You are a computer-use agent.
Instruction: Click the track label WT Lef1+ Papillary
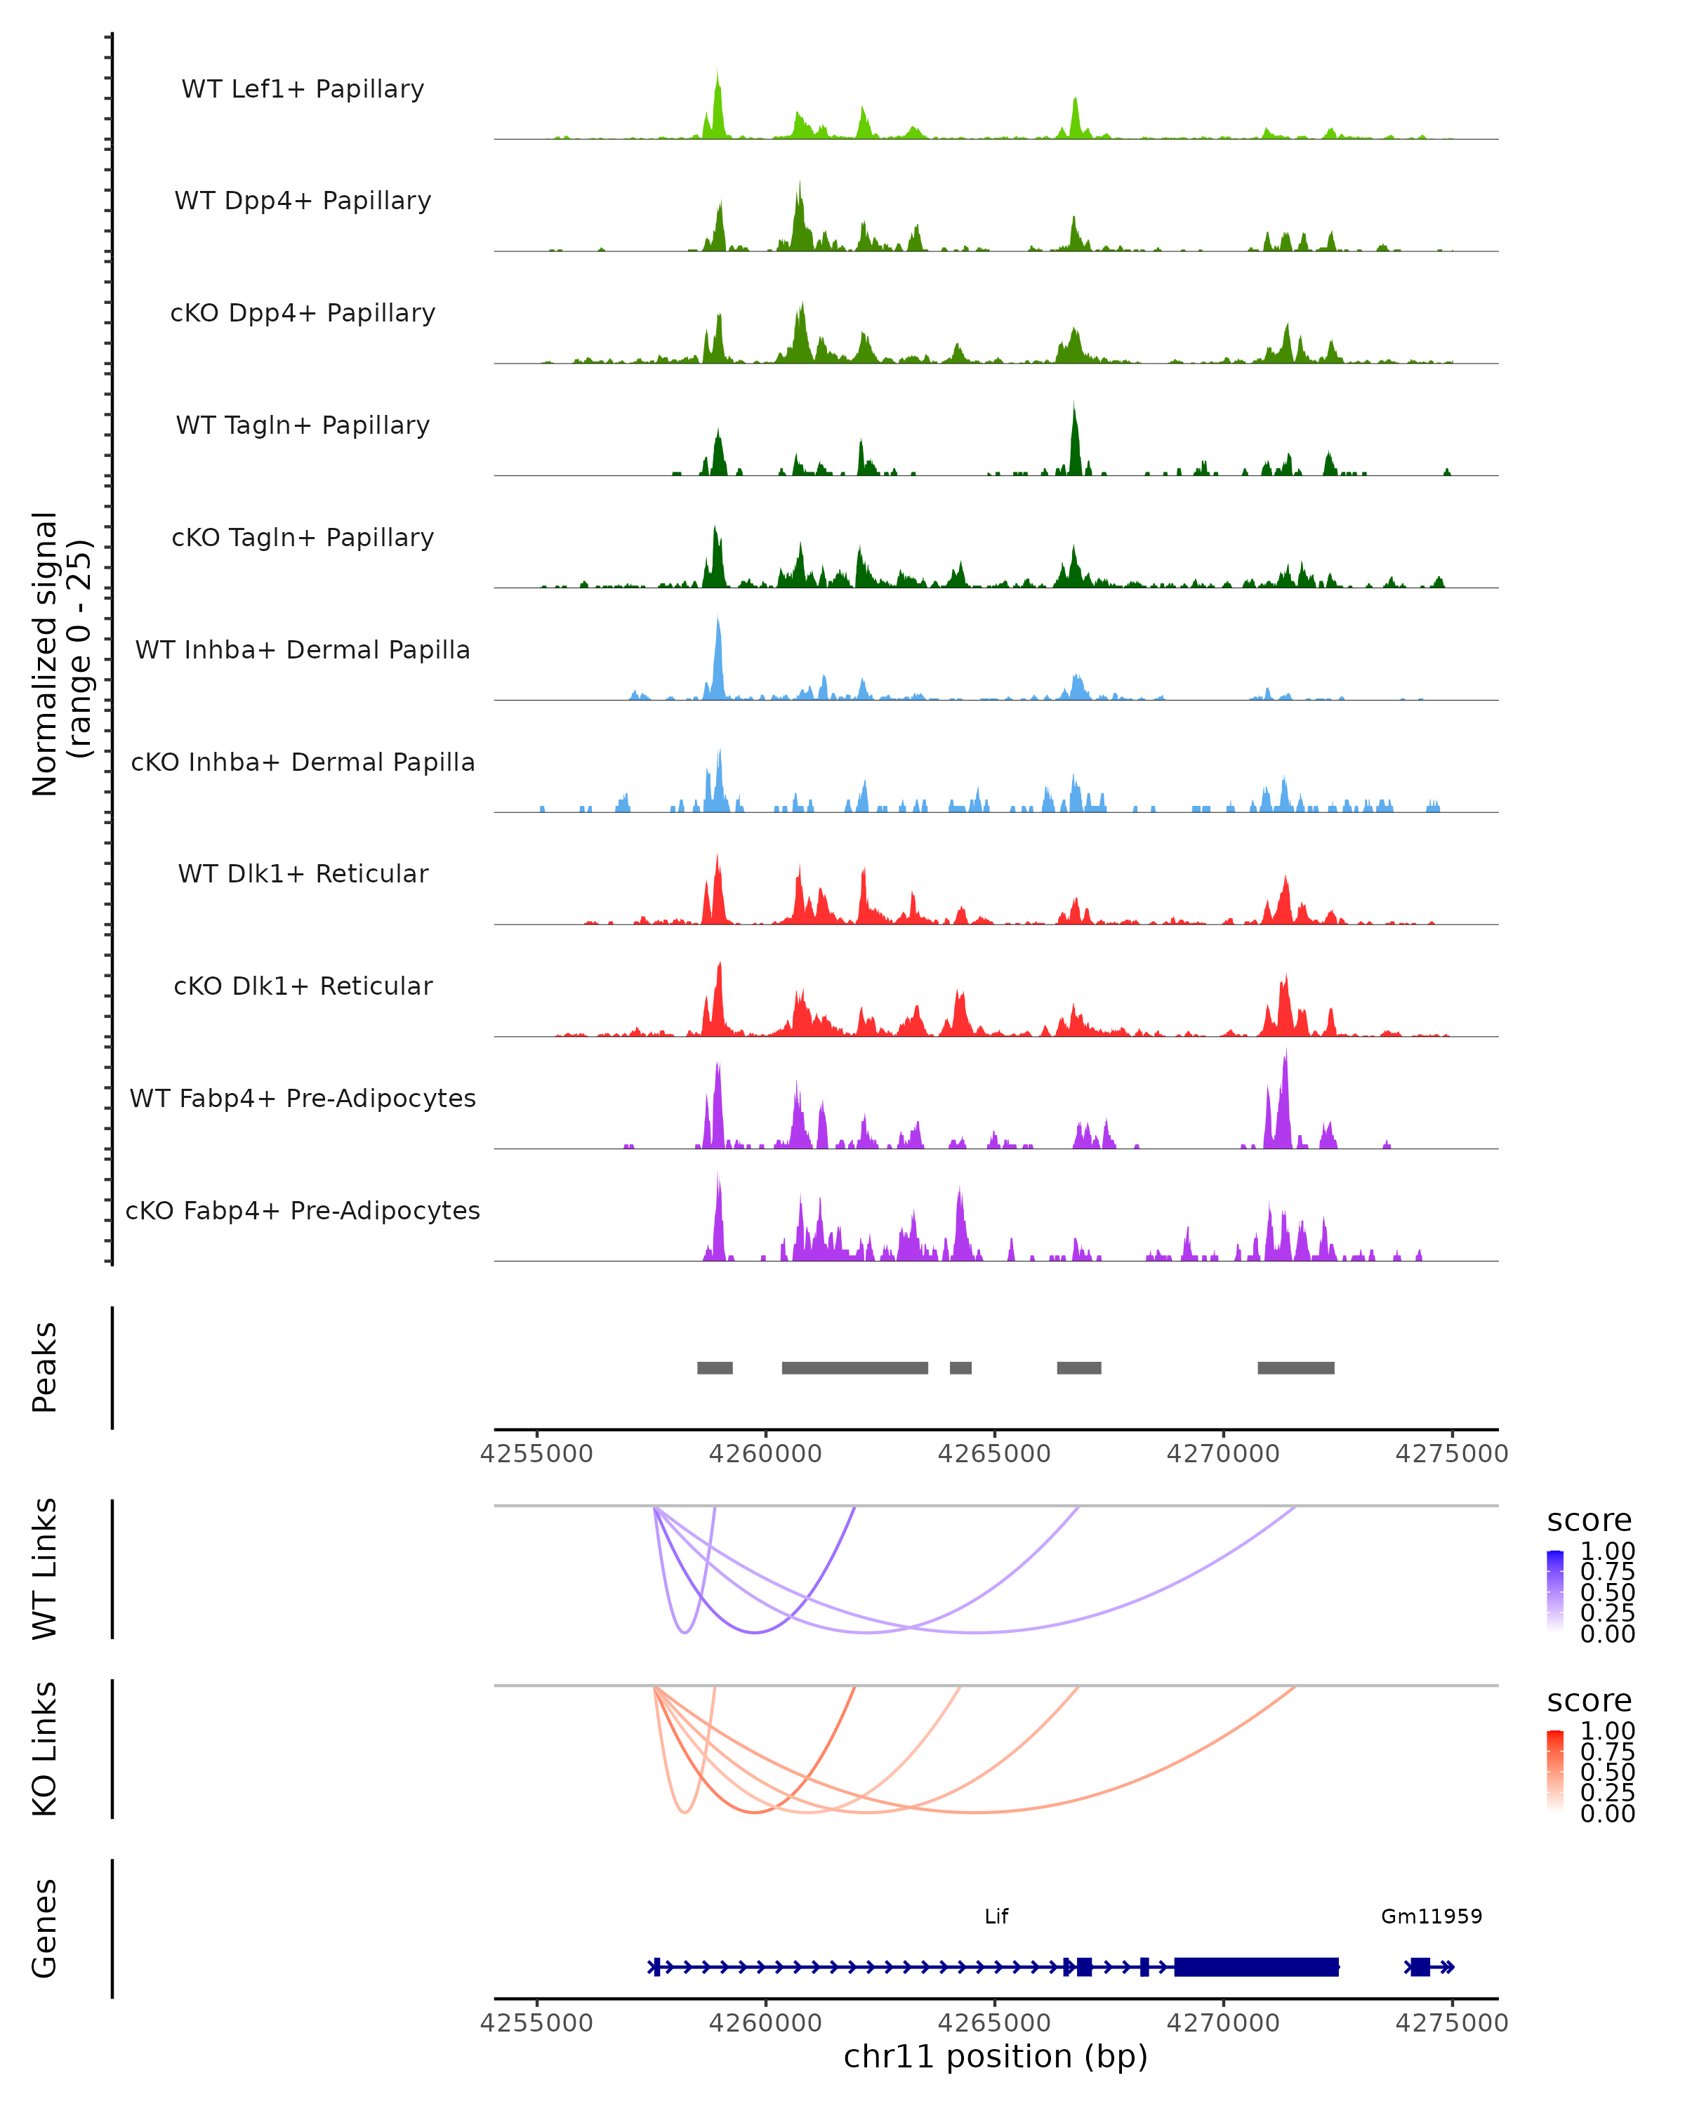303,89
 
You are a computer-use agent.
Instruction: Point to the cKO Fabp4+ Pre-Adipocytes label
303,1210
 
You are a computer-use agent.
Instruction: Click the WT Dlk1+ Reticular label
303,873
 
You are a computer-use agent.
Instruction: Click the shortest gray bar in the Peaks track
960,1367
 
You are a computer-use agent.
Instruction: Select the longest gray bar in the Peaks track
854,1367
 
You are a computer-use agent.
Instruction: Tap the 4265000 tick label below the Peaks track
994,1454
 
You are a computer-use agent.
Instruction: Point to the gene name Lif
996,1916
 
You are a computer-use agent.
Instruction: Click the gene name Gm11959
1431,1916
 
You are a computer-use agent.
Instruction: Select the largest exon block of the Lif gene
1256,1966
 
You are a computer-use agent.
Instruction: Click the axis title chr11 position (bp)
996,2057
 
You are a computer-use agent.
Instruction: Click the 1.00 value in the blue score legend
1607,1551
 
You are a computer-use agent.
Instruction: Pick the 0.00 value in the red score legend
1607,1814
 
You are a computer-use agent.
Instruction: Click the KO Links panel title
45,1749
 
